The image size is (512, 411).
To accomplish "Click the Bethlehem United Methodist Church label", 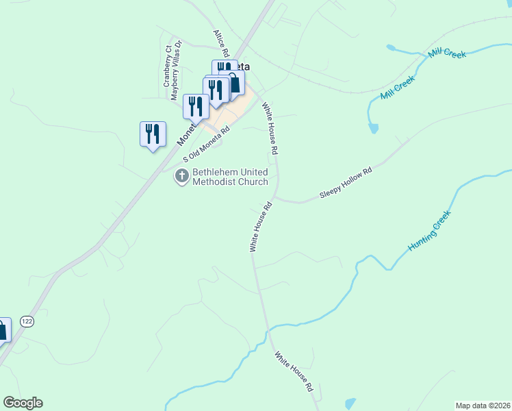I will [x=230, y=177].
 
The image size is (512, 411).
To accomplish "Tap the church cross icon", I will [x=182, y=177].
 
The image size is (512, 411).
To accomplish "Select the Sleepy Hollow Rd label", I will [x=346, y=184].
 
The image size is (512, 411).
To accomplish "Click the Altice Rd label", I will [x=220, y=42].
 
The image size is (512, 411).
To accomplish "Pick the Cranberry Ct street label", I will [x=167, y=65].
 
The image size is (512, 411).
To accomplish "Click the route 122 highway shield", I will [x=27, y=321].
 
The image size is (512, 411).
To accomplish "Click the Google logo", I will [x=23, y=403].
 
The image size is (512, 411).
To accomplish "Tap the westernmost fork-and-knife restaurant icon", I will [x=153, y=134].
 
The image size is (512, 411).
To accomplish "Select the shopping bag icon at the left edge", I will [x=2, y=330].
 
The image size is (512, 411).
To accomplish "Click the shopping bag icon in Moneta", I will [x=234, y=83].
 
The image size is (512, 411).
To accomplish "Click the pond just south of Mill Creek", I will [x=373, y=127].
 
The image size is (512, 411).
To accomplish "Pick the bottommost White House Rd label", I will [x=294, y=371].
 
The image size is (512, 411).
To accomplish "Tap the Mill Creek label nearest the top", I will [x=446, y=53].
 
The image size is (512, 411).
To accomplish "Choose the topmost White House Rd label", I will [x=270, y=127].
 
